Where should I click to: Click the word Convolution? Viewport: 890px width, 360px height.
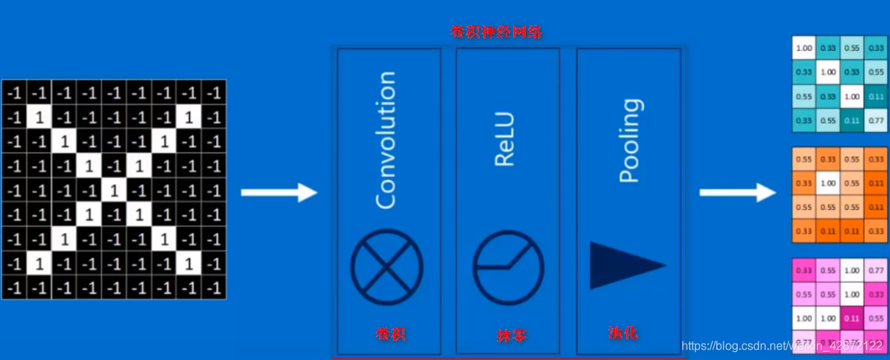tap(386, 140)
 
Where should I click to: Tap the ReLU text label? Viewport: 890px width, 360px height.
tap(506, 140)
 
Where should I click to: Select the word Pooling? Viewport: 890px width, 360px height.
tap(629, 140)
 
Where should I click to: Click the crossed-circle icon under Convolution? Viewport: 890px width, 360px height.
tap(387, 267)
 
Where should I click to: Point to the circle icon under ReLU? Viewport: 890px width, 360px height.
tap(508, 268)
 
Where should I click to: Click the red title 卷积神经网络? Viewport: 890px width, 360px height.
tap(497, 33)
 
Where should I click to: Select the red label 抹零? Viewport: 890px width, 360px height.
tap(512, 336)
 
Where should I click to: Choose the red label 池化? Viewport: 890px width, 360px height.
tap(623, 333)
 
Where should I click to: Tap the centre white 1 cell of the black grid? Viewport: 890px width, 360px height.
tap(113, 190)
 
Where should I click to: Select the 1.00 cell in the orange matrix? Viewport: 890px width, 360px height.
tap(828, 183)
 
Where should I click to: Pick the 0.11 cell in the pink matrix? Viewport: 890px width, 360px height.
tap(852, 319)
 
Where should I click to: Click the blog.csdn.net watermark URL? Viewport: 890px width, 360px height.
tap(784, 346)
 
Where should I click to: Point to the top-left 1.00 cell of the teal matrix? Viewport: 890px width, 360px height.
tap(804, 48)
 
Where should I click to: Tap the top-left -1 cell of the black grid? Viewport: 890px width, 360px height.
tap(14, 93)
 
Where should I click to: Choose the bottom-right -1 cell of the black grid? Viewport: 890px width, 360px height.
tap(214, 288)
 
